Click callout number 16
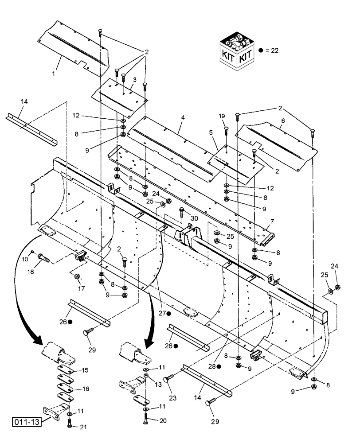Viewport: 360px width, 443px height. click(x=85, y=389)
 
